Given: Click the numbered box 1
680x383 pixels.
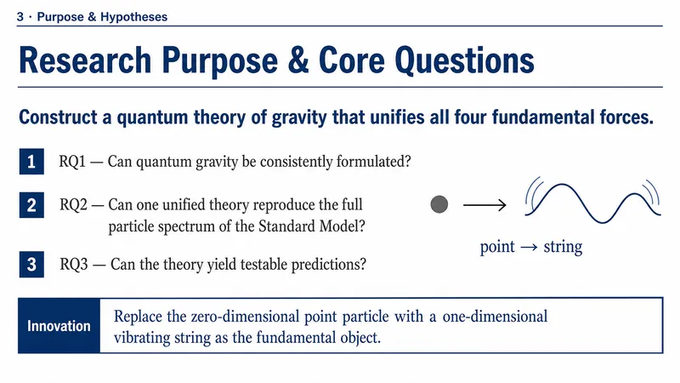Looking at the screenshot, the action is coord(31,162).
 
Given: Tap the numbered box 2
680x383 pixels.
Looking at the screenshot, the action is coord(31,205).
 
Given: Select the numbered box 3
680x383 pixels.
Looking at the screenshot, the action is coord(31,265).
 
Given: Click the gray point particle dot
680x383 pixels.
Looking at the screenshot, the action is coord(439,204).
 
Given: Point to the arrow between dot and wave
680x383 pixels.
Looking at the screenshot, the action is coord(484,204).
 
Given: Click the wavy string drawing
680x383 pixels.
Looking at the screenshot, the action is coord(592,202).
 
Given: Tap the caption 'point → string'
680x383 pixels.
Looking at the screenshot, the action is coord(530,247).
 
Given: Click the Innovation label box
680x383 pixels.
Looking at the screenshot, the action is coord(59,326).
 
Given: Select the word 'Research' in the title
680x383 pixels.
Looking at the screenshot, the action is coord(85,60).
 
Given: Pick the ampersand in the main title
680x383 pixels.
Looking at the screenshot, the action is coord(298,60).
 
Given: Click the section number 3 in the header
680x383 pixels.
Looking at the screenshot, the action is coord(20,17).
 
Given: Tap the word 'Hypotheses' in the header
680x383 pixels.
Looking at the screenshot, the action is coord(134,17).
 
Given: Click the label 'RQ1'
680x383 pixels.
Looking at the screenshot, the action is coord(72,162).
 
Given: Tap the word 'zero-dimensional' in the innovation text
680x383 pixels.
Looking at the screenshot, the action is coord(245,316).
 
